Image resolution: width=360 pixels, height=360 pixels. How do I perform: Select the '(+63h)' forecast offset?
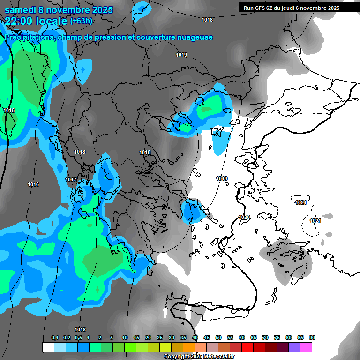(81, 21)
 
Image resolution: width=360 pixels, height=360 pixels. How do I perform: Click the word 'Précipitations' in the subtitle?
(30, 37)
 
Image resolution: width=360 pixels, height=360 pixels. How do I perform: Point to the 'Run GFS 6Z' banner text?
(260, 7)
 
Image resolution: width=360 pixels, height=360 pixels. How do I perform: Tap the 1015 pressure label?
(9, 110)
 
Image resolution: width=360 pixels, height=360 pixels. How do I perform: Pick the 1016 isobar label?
(33, 185)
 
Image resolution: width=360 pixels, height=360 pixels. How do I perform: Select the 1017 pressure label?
(71, 180)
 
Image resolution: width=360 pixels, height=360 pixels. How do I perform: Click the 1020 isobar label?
(244, 217)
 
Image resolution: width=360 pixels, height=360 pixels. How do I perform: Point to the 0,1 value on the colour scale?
(55, 338)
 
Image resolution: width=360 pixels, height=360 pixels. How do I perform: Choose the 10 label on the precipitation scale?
(124, 338)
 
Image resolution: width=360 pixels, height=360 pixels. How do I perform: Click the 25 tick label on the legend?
(160, 338)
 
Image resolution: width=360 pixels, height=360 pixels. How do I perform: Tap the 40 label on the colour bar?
(195, 338)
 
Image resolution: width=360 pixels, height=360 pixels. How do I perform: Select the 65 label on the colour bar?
(254, 338)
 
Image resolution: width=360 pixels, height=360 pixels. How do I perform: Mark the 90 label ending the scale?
(312, 338)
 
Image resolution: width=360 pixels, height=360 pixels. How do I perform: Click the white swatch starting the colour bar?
(48, 347)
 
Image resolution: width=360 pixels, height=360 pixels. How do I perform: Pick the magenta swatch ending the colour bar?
(306, 347)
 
